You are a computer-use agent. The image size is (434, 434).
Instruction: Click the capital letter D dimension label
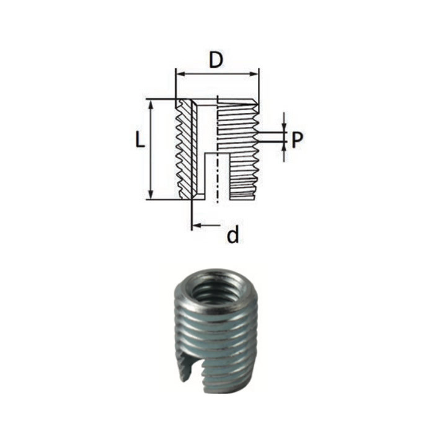(216, 60)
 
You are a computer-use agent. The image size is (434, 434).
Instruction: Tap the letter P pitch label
(298, 141)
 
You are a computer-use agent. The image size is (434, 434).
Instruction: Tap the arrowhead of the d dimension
(196, 225)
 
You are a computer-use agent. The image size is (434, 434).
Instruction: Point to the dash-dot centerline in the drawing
(217, 180)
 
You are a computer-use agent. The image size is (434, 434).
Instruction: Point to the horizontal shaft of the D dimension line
(217, 73)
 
